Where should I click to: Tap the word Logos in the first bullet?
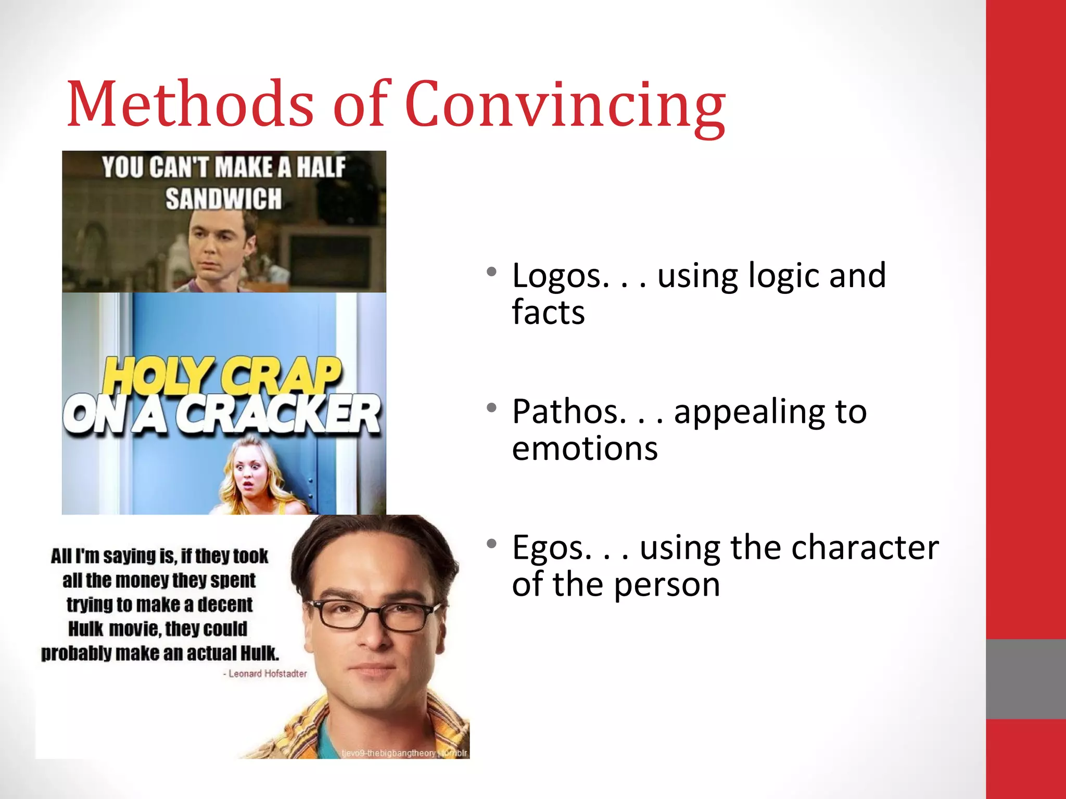click(x=560, y=276)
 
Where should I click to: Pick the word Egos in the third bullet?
click(x=551, y=548)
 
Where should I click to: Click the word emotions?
click(x=585, y=448)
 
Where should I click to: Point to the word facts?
click(x=548, y=312)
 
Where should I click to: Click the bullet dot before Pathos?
click(x=491, y=407)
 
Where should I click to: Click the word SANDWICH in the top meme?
click(x=223, y=199)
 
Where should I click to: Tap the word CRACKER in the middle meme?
click(x=278, y=415)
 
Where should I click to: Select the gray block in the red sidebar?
click(x=1025, y=679)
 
